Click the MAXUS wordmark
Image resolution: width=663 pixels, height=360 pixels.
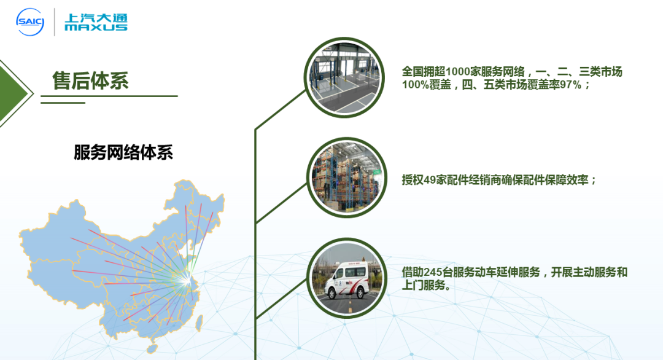tap(96, 28)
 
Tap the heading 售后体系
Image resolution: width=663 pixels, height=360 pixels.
tap(91, 80)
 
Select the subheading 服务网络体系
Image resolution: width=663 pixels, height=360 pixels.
tap(123, 152)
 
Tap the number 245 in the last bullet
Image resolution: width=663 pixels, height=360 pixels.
tap(435, 273)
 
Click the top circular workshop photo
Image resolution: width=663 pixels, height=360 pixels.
tap(345, 77)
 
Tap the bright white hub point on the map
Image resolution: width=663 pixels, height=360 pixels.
tap(186, 278)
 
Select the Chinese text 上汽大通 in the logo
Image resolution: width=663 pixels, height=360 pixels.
tap(96, 17)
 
